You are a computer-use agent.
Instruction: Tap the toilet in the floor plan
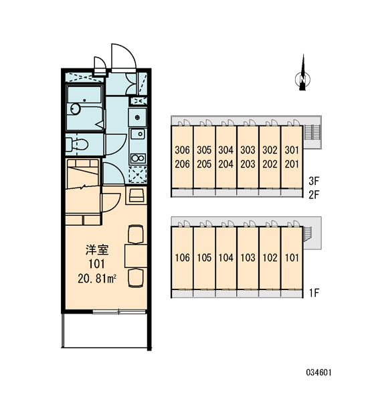(x=76, y=145)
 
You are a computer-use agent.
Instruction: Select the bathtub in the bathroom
(x=84, y=108)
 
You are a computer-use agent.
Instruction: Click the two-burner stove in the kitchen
(x=138, y=158)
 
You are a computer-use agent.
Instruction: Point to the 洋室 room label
(x=97, y=250)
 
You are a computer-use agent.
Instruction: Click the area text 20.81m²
(x=97, y=279)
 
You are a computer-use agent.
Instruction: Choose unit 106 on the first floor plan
(x=183, y=258)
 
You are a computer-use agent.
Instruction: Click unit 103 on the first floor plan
(x=248, y=258)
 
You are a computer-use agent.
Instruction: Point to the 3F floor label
(x=314, y=181)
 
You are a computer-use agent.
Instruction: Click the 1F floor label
(x=314, y=293)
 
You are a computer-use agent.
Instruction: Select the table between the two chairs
(x=136, y=256)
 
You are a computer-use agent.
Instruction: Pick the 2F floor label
(x=314, y=195)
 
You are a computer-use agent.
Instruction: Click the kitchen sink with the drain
(x=138, y=134)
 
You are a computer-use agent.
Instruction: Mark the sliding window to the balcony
(x=119, y=312)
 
